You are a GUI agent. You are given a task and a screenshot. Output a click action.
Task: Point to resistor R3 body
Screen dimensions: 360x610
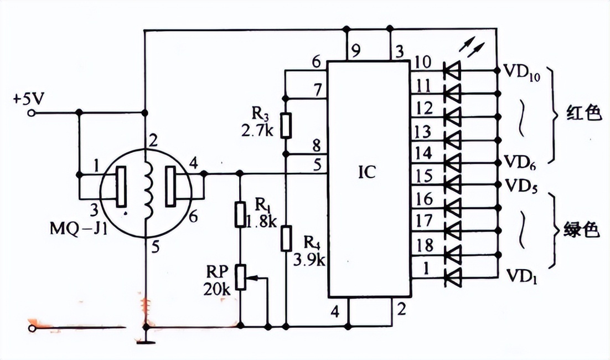pyautogui.click(x=286, y=125)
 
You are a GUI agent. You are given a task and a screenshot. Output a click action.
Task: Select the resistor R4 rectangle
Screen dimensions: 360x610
pyautogui.click(x=286, y=238)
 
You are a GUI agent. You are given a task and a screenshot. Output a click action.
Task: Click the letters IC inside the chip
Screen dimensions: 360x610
pyautogui.click(x=366, y=171)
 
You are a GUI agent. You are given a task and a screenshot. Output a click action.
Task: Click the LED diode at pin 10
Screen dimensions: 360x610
pyautogui.click(x=452, y=71)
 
